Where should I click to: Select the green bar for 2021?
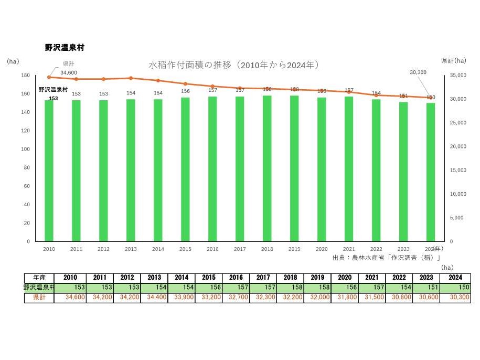click(x=348, y=168)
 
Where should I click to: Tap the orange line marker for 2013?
click(x=131, y=78)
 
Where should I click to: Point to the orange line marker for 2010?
click(x=49, y=77)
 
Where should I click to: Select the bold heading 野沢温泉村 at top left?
click(x=65, y=48)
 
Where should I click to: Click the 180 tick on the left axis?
click(x=25, y=76)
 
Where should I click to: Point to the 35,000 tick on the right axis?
click(x=457, y=76)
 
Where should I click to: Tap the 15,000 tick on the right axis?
click(x=457, y=170)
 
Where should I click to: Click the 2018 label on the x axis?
click(x=266, y=249)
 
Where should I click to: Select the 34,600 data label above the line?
click(x=69, y=72)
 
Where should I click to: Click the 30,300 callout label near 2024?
click(x=418, y=72)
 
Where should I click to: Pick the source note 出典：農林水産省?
click(x=386, y=258)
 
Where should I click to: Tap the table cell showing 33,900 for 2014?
click(x=182, y=298)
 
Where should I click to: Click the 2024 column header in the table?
click(x=456, y=278)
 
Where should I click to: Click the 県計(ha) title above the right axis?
click(x=453, y=61)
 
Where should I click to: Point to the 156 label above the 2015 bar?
click(x=185, y=91)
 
